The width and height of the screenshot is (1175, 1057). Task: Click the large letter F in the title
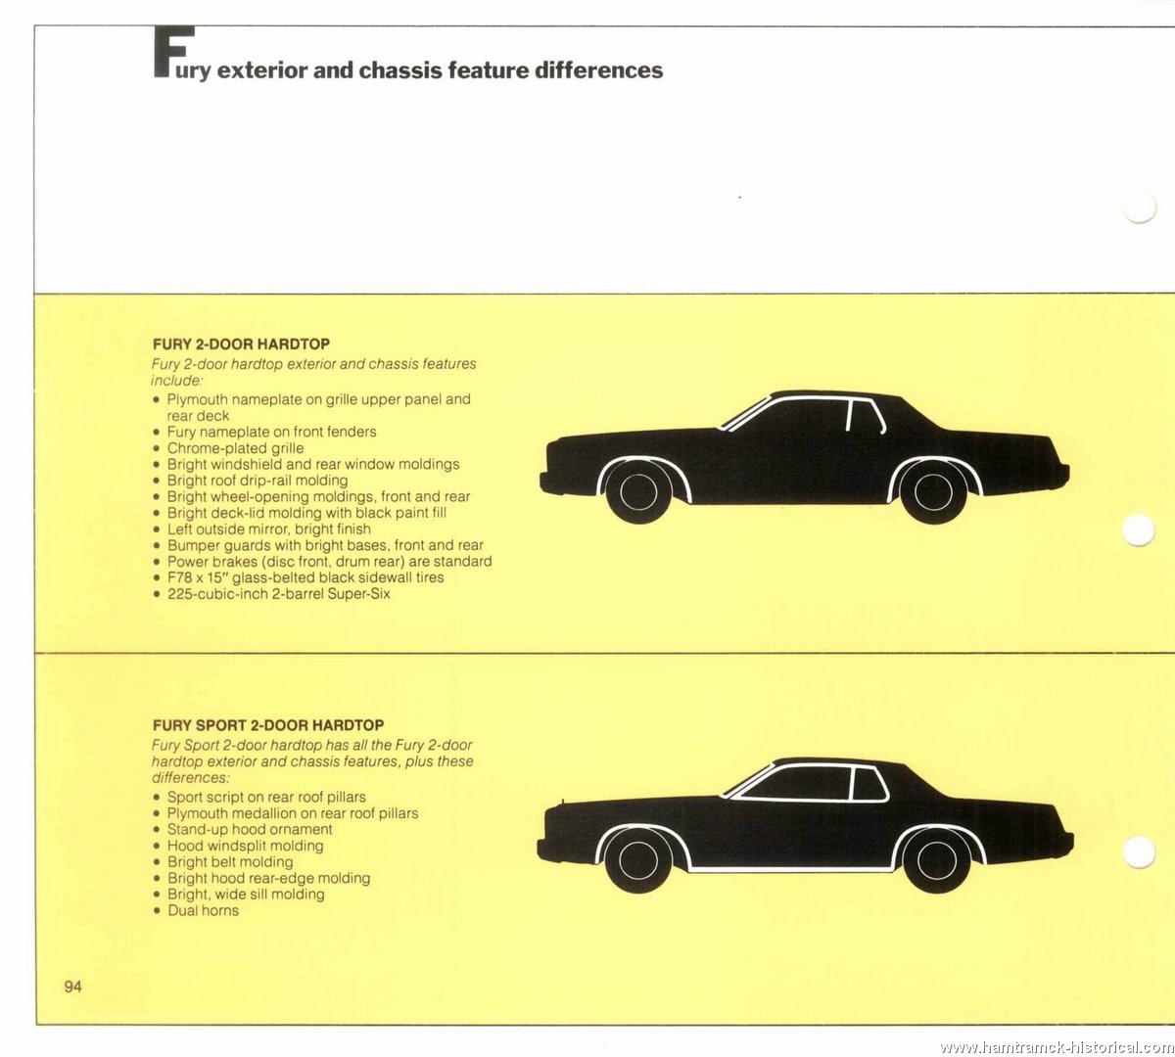tap(173, 52)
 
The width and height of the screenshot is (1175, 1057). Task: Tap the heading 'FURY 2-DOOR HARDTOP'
tap(241, 344)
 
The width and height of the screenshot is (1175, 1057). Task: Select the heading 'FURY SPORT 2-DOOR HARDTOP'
tap(268, 725)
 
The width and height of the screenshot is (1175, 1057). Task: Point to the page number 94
tap(73, 987)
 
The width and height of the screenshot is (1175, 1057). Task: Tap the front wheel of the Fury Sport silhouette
tap(638, 859)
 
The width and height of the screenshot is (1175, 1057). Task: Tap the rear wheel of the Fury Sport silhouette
tap(937, 859)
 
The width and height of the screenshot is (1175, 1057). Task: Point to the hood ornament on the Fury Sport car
tap(563, 802)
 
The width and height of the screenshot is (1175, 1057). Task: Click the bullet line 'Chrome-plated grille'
tap(235, 448)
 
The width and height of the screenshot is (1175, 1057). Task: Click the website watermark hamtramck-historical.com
tap(1057, 1047)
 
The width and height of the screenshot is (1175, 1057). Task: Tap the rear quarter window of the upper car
tap(867, 416)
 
